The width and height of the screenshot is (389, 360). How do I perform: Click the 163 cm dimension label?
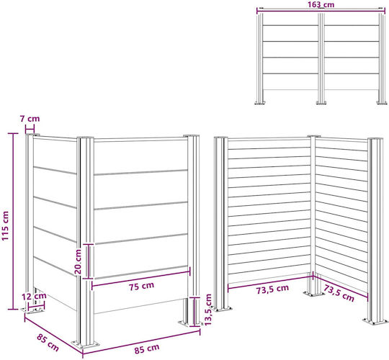point(321,4)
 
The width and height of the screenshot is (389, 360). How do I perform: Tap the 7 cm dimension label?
point(30,119)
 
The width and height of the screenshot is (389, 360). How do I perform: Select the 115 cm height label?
point(5,225)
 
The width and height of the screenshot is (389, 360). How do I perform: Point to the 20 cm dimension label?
point(78,261)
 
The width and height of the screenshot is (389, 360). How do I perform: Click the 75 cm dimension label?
point(141,286)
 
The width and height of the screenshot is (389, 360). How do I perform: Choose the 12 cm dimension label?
point(34,296)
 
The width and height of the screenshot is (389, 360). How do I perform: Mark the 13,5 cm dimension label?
point(208,310)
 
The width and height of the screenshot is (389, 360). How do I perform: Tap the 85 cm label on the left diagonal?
point(48,343)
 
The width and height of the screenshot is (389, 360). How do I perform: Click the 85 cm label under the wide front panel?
point(147,348)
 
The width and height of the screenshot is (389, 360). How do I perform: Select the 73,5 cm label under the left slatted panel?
point(272,289)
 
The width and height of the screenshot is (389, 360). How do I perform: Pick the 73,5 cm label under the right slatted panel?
point(339,293)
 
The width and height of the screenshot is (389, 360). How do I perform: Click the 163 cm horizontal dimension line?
point(321,9)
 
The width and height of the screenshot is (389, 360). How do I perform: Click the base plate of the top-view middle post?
point(321,102)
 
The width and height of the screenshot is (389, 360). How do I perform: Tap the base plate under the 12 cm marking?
point(32,310)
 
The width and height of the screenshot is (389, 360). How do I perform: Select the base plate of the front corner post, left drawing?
point(85,345)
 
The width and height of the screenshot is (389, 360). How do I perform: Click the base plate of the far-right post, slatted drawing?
point(375,321)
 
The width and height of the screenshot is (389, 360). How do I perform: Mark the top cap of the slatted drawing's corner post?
point(314,136)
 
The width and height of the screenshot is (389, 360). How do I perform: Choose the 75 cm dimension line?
point(141,278)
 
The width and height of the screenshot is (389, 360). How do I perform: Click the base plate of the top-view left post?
point(260,102)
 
